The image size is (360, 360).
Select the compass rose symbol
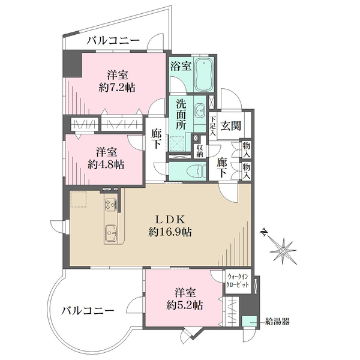(x=283, y=246)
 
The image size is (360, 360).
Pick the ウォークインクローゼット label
(x=238, y=280)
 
